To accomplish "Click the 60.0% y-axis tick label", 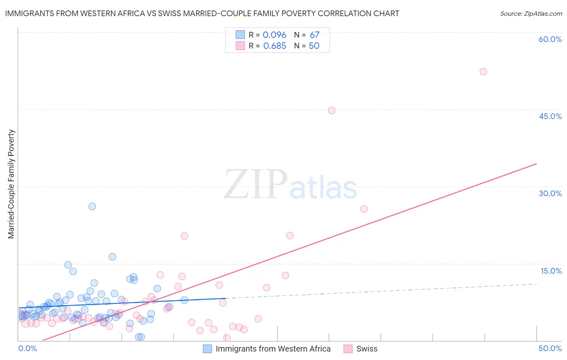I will (550, 39).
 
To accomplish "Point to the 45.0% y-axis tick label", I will (550, 116).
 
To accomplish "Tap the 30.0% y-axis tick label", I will (550, 193).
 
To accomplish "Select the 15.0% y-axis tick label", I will (551, 271).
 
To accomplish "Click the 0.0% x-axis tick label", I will (27, 348).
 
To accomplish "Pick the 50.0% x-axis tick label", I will (550, 348).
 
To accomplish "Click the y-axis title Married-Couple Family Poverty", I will (11, 184).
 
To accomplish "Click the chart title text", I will (202, 13).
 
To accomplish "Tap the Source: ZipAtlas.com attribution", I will (531, 13).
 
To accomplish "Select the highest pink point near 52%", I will (483, 71).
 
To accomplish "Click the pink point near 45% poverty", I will (331, 111).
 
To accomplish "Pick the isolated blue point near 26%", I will (92, 206).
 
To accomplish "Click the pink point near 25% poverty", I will (364, 209).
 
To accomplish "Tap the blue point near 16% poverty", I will (113, 257).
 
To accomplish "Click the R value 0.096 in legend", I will (274, 35).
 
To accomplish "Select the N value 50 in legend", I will (314, 46).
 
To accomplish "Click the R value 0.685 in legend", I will (275, 46).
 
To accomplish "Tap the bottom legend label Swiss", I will (367, 349).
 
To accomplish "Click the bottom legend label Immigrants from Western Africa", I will (273, 349).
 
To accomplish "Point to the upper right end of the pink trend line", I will (536, 163).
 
